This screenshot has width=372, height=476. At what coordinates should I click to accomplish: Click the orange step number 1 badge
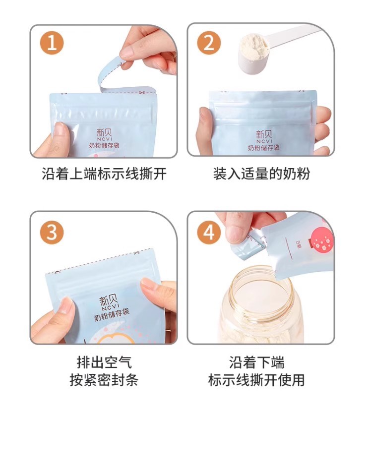tap(52, 43)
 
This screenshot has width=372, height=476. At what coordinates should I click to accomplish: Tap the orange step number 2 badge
tap(209, 43)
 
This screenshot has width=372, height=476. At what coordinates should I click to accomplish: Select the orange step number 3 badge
tap(52, 233)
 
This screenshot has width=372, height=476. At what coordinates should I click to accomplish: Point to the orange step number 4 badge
tap(209, 233)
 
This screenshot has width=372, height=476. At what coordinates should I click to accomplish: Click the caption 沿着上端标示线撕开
tap(104, 174)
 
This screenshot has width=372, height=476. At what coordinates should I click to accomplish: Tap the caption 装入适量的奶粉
tap(261, 174)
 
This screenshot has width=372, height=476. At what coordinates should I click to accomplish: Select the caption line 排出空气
tap(104, 362)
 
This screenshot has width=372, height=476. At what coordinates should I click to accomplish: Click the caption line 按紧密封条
tap(104, 380)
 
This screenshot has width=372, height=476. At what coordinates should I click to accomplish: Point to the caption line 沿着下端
tap(257, 362)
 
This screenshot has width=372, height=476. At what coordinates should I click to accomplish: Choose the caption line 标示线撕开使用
tap(256, 380)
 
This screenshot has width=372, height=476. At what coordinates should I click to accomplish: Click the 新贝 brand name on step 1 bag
tap(104, 132)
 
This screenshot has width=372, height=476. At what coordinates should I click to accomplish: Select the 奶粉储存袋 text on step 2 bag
tap(263, 148)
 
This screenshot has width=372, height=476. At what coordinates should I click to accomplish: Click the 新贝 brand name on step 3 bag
tap(109, 299)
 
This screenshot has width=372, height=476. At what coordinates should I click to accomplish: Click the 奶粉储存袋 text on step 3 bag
tap(112, 314)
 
